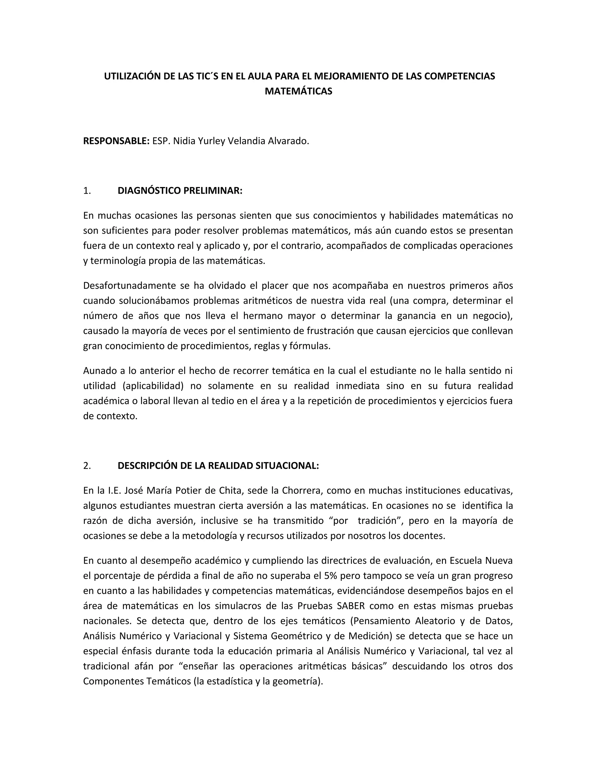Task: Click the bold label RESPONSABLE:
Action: [116, 141]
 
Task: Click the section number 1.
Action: [87, 190]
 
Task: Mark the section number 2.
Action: [87, 466]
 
